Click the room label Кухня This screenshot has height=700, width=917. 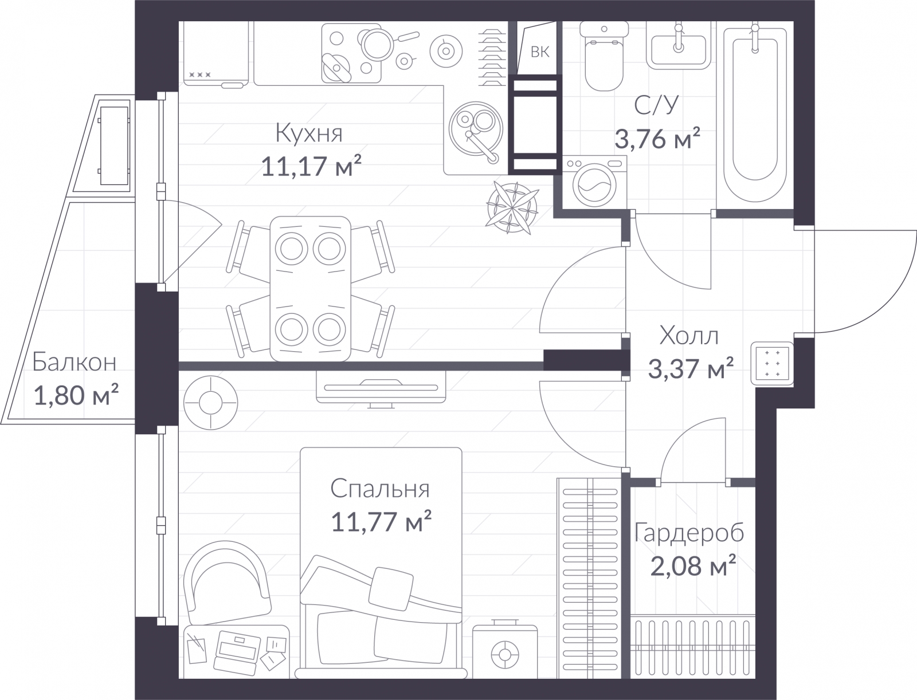tap(309, 134)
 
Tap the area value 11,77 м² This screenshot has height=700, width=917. tap(381, 521)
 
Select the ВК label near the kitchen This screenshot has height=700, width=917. tap(540, 52)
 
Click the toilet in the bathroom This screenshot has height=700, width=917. tap(604, 56)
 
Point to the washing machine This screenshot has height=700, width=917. tap(594, 182)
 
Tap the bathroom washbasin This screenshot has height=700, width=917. tap(679, 46)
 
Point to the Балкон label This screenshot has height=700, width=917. tap(75, 362)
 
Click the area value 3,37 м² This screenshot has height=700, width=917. tap(691, 368)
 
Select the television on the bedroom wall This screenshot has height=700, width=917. tap(381, 387)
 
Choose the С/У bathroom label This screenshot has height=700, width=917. tap(656, 105)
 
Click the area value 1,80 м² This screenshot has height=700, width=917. tap(76, 395)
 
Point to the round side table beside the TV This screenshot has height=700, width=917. tap(210, 403)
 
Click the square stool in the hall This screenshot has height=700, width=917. tap(772, 364)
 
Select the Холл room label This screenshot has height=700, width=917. tap(689, 336)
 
